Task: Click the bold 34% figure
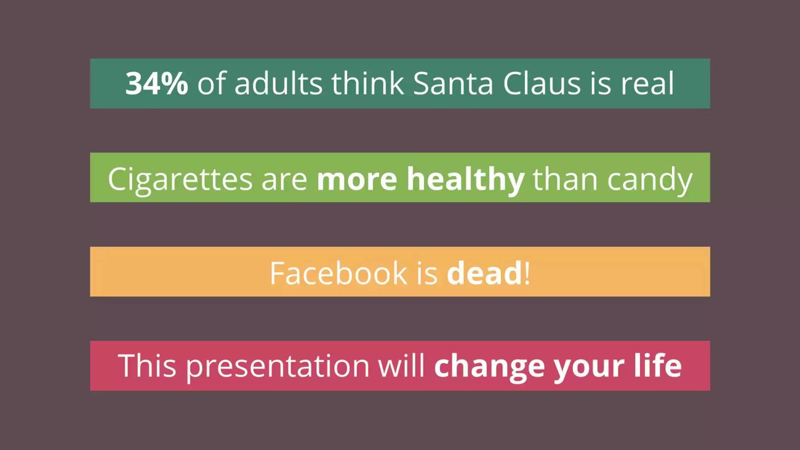[x=156, y=83]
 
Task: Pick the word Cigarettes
[x=180, y=180]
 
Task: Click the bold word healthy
[x=466, y=180]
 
